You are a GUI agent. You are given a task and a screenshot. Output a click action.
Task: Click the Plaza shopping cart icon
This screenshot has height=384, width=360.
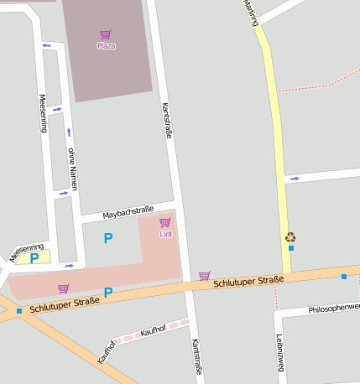click(106, 35)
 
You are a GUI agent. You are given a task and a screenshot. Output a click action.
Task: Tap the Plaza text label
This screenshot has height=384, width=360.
click(106, 46)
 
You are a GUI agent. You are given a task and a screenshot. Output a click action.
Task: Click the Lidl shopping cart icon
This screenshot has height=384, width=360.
click(165, 222)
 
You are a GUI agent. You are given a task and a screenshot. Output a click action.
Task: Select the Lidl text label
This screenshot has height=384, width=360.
click(165, 234)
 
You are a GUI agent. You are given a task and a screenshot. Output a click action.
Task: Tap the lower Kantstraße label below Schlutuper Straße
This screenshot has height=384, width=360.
click(196, 356)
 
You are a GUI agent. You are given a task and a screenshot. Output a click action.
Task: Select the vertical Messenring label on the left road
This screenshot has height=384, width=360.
click(42, 113)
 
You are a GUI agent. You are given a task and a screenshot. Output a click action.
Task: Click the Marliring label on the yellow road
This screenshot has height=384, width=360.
click(250, 13)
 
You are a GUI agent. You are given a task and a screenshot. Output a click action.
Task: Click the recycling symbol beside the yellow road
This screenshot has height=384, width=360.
click(290, 237)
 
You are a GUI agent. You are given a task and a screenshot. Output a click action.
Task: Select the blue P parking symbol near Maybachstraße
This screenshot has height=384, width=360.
click(107, 239)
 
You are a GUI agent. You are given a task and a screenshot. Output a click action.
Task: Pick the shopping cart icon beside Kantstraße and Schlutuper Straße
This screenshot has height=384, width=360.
click(205, 275)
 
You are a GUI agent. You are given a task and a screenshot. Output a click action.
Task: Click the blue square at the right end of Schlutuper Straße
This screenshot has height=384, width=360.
click(344, 276)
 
